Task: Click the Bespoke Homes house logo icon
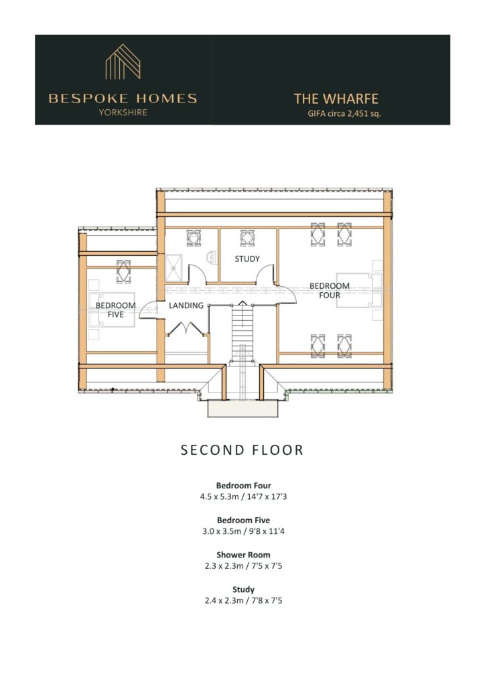coord(123,62)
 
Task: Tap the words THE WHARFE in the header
coord(336,99)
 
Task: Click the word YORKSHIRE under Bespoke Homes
coord(123,113)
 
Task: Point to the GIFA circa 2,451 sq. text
coord(344,114)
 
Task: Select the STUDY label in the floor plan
coord(247,259)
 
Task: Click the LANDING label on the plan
coord(186,305)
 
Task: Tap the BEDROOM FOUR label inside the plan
coord(330,291)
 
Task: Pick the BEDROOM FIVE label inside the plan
coord(115,310)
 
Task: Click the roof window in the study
coord(248,238)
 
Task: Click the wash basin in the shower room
coord(212,257)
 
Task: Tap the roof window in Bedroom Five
coord(123,271)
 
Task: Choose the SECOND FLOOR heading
coord(242,450)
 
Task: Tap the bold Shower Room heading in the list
coord(244,555)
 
